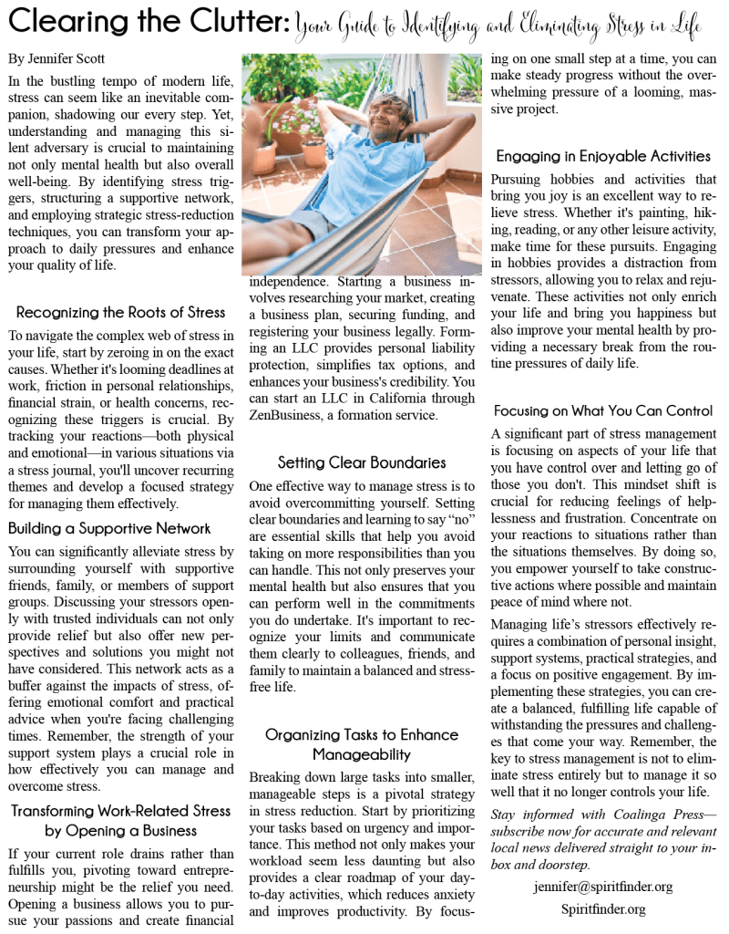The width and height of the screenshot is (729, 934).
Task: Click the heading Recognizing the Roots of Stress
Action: point(120,313)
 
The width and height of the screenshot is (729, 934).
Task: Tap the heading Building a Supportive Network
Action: point(109,528)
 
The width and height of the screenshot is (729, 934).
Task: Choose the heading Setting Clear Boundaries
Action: point(362,462)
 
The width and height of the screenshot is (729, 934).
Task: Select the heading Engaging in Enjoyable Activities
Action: point(603,156)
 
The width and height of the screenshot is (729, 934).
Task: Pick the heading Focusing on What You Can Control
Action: point(603,410)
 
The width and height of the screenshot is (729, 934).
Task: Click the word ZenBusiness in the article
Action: point(288,414)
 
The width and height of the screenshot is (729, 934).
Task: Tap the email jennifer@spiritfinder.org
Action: point(602,886)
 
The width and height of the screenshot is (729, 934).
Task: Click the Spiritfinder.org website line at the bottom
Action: point(603,908)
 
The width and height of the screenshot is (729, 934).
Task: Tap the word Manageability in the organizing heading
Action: point(362,754)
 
